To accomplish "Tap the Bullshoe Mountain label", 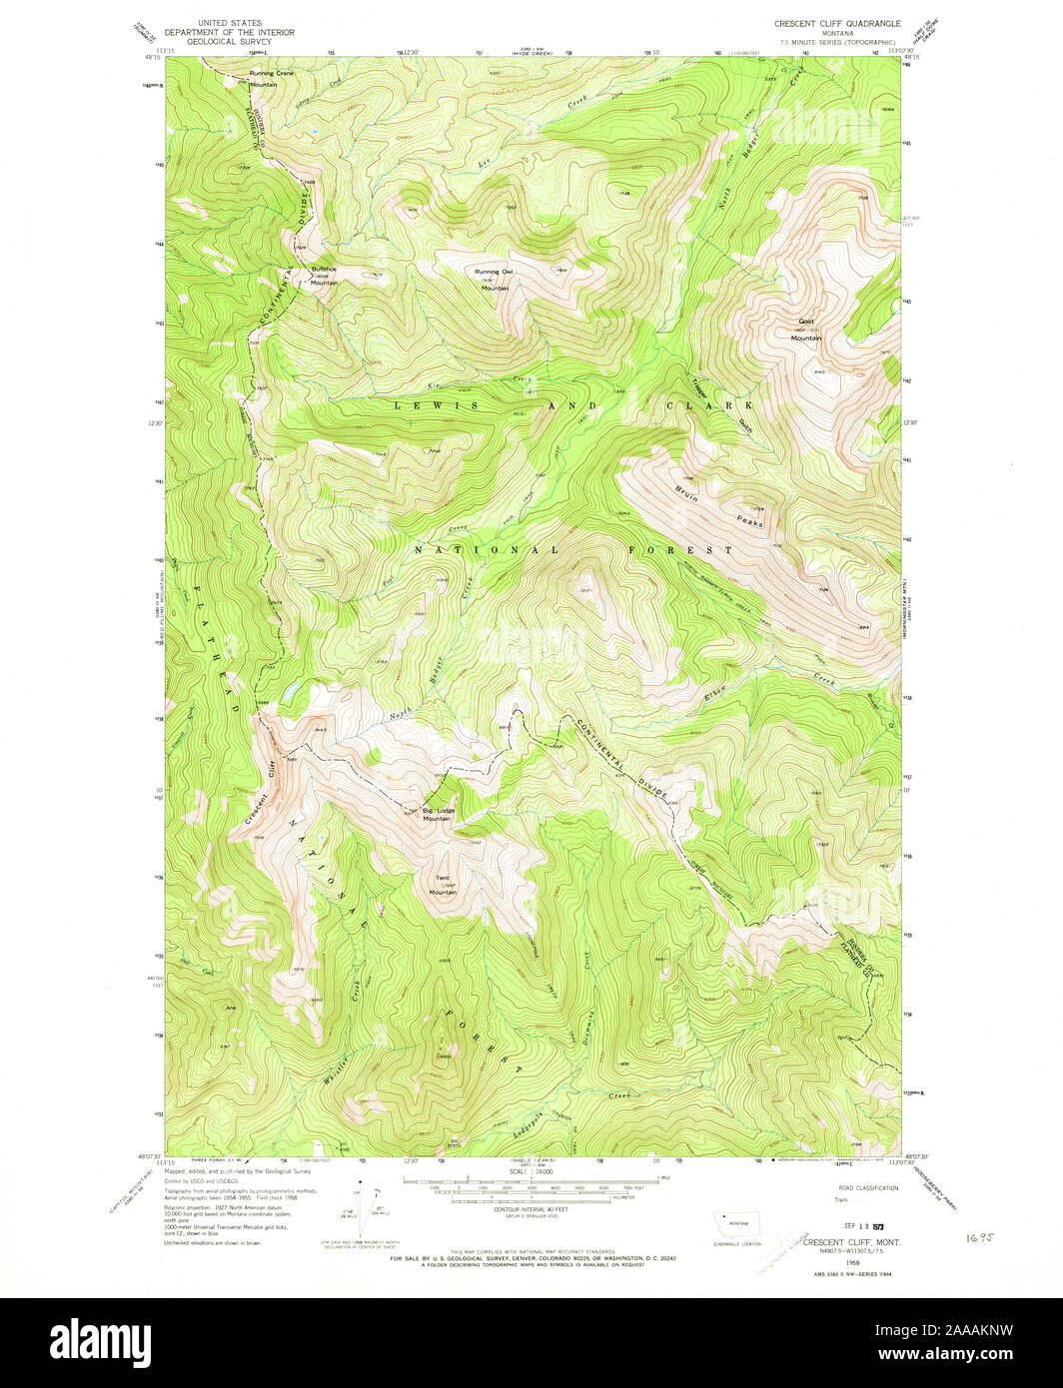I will click(x=324, y=276).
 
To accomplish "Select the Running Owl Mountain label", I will click(x=493, y=280).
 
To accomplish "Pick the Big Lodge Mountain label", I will click(x=438, y=814).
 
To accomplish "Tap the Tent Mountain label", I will click(x=443, y=885).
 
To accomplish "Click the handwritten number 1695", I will click(x=982, y=1235).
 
